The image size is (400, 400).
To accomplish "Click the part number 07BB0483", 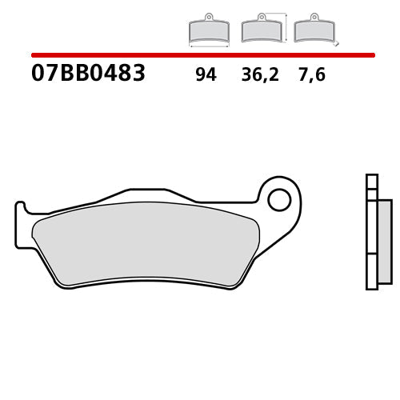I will point(88,74).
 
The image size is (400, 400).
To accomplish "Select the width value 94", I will point(206,76).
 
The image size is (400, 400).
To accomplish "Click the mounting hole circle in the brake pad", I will point(278,199).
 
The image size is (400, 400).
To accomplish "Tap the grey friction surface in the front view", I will point(144,244).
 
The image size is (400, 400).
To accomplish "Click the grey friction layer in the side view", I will point(384,240).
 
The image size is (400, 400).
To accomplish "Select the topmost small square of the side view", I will point(370,180).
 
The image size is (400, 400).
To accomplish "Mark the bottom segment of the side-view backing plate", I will point(370,271).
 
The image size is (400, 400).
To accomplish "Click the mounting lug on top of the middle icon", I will point(259,17).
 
